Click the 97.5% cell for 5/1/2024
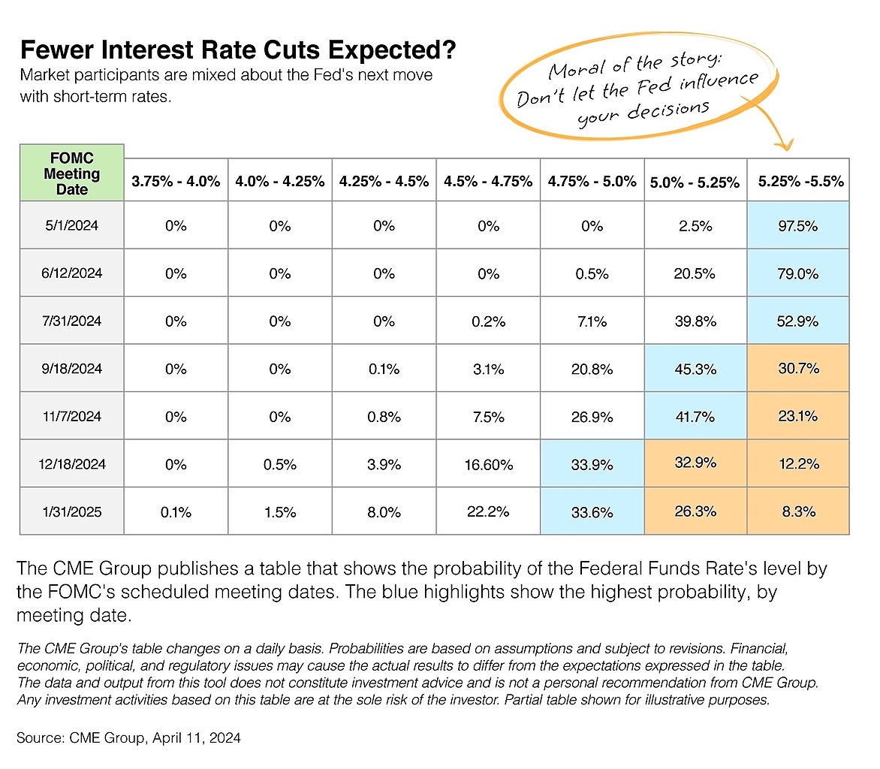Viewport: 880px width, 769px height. (x=797, y=225)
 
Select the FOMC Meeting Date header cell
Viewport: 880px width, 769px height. (x=72, y=173)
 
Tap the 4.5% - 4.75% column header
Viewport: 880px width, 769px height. (x=488, y=181)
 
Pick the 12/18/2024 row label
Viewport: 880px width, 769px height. (x=72, y=463)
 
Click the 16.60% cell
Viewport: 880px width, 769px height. (x=488, y=463)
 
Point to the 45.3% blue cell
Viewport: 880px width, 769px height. (x=695, y=368)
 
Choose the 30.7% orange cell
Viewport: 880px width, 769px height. (x=798, y=368)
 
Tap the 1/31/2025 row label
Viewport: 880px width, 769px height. (x=72, y=511)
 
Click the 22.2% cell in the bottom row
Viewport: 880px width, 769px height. (x=488, y=511)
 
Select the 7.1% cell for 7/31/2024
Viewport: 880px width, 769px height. (x=592, y=321)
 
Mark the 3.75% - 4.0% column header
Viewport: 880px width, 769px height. (x=176, y=181)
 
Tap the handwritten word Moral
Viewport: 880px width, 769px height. (x=577, y=70)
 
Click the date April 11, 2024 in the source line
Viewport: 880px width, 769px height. (x=197, y=737)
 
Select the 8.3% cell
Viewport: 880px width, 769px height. (x=798, y=511)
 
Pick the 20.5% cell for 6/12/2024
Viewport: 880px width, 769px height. (x=695, y=273)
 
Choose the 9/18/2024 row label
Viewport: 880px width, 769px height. (x=72, y=368)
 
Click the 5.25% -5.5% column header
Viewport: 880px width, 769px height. (x=801, y=181)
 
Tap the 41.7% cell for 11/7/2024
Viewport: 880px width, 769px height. (x=695, y=416)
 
